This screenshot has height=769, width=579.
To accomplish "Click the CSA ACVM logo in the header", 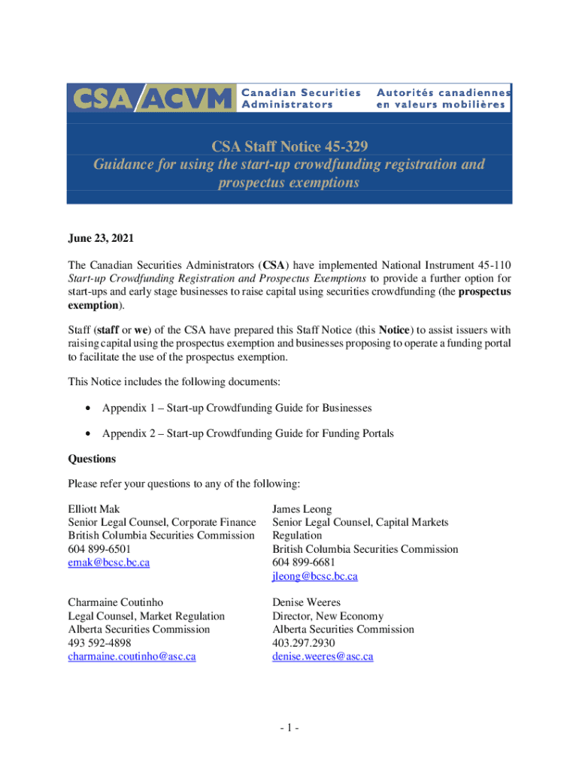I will click(x=150, y=98).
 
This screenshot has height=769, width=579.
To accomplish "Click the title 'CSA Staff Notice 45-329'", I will click(x=289, y=144).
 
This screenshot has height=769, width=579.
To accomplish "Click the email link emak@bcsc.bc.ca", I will click(x=108, y=562).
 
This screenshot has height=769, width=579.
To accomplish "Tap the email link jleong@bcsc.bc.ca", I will click(x=314, y=576).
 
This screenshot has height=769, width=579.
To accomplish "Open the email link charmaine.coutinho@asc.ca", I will click(x=132, y=656).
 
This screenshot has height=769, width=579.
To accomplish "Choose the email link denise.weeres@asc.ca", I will click(x=322, y=656).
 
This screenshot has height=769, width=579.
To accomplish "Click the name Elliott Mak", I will click(x=93, y=508).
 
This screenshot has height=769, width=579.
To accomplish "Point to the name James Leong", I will click(x=302, y=508).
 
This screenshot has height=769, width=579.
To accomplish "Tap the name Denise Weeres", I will click(x=306, y=602).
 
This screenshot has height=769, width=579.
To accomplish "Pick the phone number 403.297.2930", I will click(x=304, y=643).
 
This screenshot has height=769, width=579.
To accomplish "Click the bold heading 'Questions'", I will click(x=92, y=458).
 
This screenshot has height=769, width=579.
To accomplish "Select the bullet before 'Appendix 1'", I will click(x=89, y=408).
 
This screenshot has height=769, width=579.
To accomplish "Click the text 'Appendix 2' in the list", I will click(x=129, y=433).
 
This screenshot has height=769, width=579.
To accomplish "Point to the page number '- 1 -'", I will click(x=289, y=728).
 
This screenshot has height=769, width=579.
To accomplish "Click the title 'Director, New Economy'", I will click(x=327, y=616).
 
